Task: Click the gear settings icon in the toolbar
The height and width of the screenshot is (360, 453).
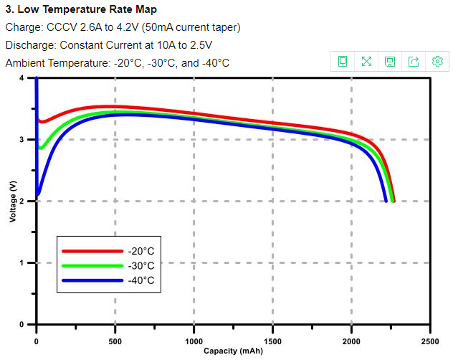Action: coord(437,62)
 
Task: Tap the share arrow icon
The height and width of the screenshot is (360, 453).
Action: coord(414,62)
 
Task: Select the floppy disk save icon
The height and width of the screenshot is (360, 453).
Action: coord(390,62)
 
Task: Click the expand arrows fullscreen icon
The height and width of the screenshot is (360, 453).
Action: coord(366,62)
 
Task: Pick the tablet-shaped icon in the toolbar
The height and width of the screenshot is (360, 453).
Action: coord(343,62)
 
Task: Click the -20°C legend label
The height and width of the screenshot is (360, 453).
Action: coord(141,252)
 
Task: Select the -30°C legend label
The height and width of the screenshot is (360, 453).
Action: coord(141,266)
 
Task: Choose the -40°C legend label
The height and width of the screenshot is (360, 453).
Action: coord(141,280)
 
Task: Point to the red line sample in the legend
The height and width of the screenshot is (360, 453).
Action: coord(92,252)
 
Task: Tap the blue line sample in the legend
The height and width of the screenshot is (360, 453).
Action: coord(92,280)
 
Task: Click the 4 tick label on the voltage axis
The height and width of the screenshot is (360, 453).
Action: coord(22,77)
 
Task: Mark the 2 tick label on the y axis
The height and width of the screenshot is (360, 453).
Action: coord(22,202)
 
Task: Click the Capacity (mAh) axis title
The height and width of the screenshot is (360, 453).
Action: coord(233,351)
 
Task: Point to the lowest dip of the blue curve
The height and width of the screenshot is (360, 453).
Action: coord(38,194)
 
